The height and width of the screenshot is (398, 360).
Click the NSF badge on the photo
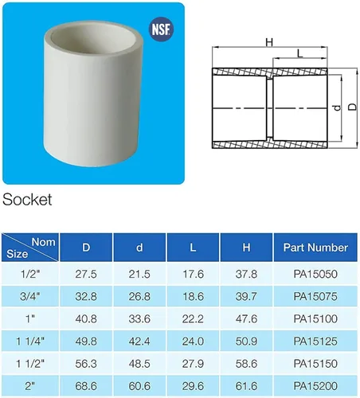161,29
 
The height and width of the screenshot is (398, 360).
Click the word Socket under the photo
27,200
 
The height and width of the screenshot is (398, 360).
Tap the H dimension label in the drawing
269,42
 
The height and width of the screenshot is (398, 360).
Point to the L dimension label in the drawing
299,53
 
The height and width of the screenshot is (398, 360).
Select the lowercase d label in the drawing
337,107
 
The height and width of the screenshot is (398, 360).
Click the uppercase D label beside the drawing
352,107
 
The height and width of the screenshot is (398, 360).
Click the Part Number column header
315,248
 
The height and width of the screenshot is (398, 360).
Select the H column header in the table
246,248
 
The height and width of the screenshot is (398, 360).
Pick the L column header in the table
193,248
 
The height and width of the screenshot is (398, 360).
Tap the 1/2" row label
30,274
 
